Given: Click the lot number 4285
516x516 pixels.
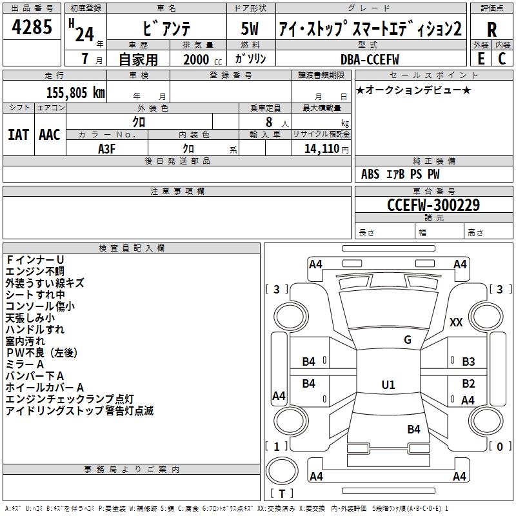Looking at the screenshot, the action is (x=32, y=28).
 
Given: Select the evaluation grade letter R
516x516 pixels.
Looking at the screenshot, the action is (x=492, y=29).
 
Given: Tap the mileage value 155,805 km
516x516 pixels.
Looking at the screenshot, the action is (x=75, y=93).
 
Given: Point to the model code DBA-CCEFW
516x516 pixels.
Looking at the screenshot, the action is (x=370, y=59).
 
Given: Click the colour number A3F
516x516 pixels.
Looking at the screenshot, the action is (x=106, y=148).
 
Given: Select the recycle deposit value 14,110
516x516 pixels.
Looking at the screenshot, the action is (x=321, y=148).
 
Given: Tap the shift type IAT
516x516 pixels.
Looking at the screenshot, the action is (x=18, y=135).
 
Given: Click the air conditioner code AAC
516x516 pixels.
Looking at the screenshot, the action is (x=50, y=135).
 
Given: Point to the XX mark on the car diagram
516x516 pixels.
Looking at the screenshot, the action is (x=456, y=322).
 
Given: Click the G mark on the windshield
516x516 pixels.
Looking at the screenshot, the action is (x=407, y=340).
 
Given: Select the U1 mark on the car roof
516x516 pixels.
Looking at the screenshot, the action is (x=388, y=385).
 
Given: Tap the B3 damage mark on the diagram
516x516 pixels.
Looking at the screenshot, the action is (x=468, y=362).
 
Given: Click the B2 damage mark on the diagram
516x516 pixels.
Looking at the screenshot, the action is (x=468, y=383).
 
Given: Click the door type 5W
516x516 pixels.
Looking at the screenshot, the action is (x=250, y=29).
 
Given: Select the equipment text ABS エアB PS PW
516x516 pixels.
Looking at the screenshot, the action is (x=401, y=174).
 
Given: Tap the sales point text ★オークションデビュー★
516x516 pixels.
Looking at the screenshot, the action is (x=413, y=90).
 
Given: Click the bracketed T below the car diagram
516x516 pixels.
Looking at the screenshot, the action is (x=281, y=494).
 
